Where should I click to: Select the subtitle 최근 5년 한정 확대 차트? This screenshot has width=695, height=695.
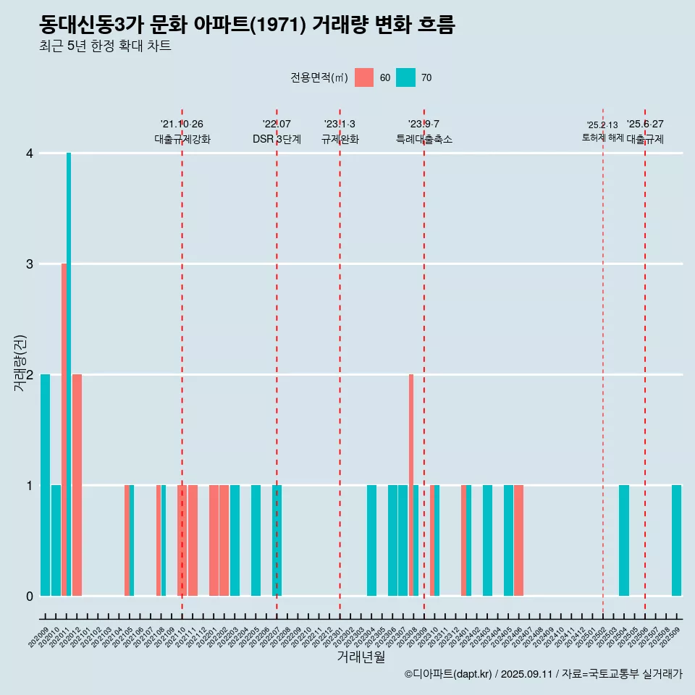coord(105,47)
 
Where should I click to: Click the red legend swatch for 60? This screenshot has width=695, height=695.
coord(364,77)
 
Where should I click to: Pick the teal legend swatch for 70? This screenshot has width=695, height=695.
coord(406,77)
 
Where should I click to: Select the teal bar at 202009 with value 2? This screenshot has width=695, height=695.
coord(46,485)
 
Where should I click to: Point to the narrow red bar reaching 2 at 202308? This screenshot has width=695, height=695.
coord(410,485)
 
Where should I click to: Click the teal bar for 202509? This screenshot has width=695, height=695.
coord(676,540)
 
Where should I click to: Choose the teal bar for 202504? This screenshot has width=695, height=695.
coord(623,540)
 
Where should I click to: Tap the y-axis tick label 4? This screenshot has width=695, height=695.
coord(30,153)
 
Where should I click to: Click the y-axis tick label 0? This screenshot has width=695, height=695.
coord(30,597)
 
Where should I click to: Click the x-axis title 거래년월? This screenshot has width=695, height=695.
coord(361,657)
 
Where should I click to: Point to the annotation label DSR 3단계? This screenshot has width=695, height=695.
coord(277,139)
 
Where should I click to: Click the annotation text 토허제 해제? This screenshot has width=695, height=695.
coord(602,138)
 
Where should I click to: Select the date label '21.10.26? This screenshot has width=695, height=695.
coord(182,125)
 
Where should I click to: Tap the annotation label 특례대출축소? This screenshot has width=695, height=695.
coord(424,139)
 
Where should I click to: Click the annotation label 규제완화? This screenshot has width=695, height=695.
coord(340,139)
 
